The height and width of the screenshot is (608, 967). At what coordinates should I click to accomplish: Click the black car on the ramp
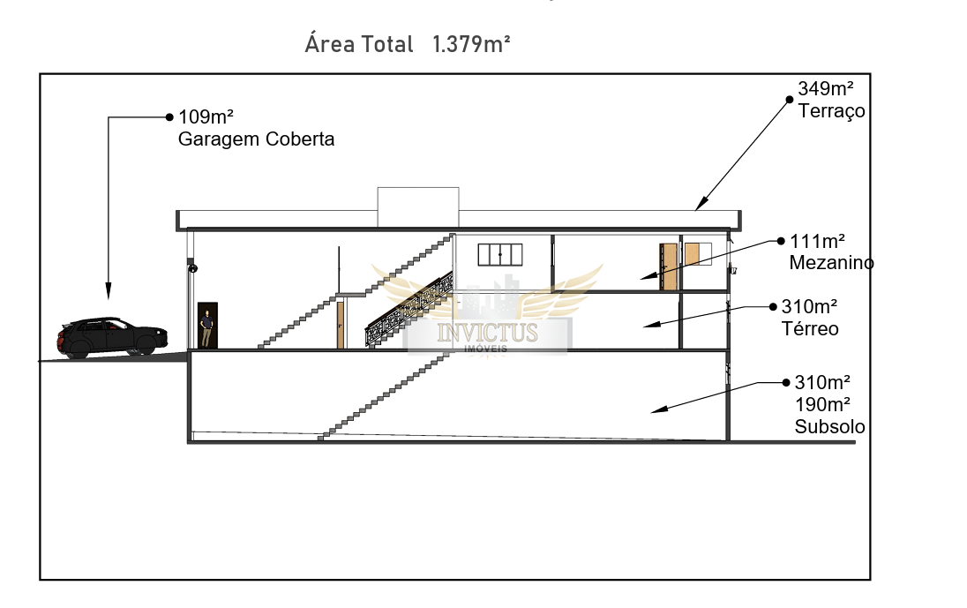[x=112, y=338]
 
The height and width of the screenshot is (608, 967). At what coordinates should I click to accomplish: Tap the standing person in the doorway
[x=206, y=328]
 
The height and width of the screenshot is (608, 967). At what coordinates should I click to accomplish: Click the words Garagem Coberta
[x=256, y=139]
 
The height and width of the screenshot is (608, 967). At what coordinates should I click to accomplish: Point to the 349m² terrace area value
[x=826, y=89]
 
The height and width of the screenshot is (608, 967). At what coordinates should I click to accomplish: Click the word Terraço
[x=831, y=111]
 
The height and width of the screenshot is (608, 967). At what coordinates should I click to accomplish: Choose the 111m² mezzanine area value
[x=817, y=241]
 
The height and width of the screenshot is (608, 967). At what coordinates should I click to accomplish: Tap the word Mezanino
[x=831, y=263]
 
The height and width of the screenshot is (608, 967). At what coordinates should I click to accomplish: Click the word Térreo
[x=810, y=328]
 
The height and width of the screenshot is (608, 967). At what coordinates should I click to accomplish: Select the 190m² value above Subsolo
[x=822, y=405]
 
